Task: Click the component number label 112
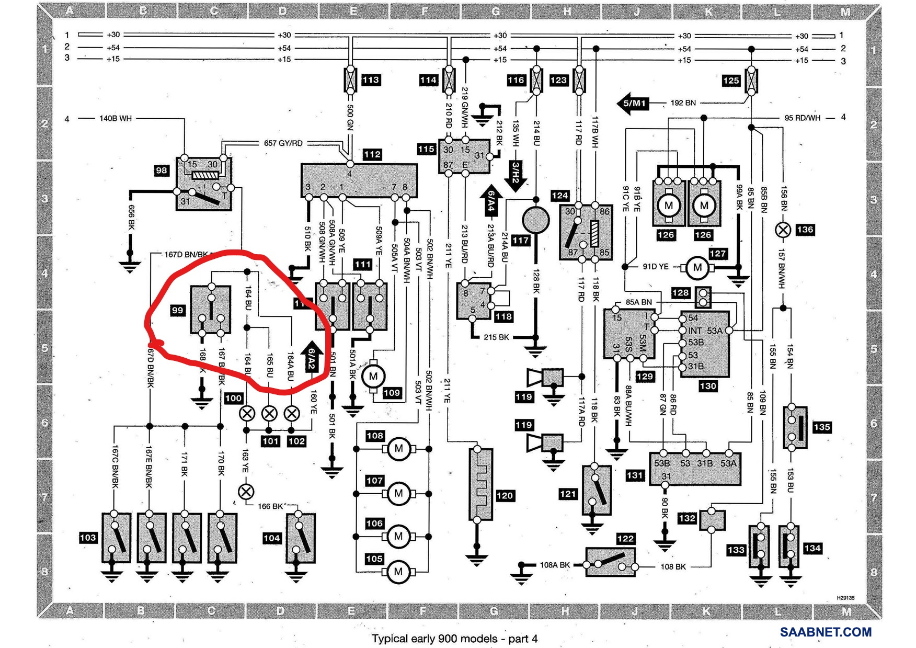tap(372, 154)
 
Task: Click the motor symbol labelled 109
tap(373, 376)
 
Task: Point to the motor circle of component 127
tap(697, 267)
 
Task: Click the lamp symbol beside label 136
tap(783, 230)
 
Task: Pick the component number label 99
tap(178, 310)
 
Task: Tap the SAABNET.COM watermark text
tap(826, 632)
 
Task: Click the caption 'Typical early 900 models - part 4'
tap(454, 639)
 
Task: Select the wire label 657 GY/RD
tap(283, 143)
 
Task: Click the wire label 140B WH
tap(116, 119)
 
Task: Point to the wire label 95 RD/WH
tap(802, 118)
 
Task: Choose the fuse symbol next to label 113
tap(350, 80)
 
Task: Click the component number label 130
tap(707, 386)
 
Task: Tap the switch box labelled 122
tap(610, 562)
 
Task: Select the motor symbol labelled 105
tap(398, 571)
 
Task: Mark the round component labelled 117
tap(536, 220)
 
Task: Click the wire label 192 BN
tap(683, 103)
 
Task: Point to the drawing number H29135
tap(845, 597)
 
